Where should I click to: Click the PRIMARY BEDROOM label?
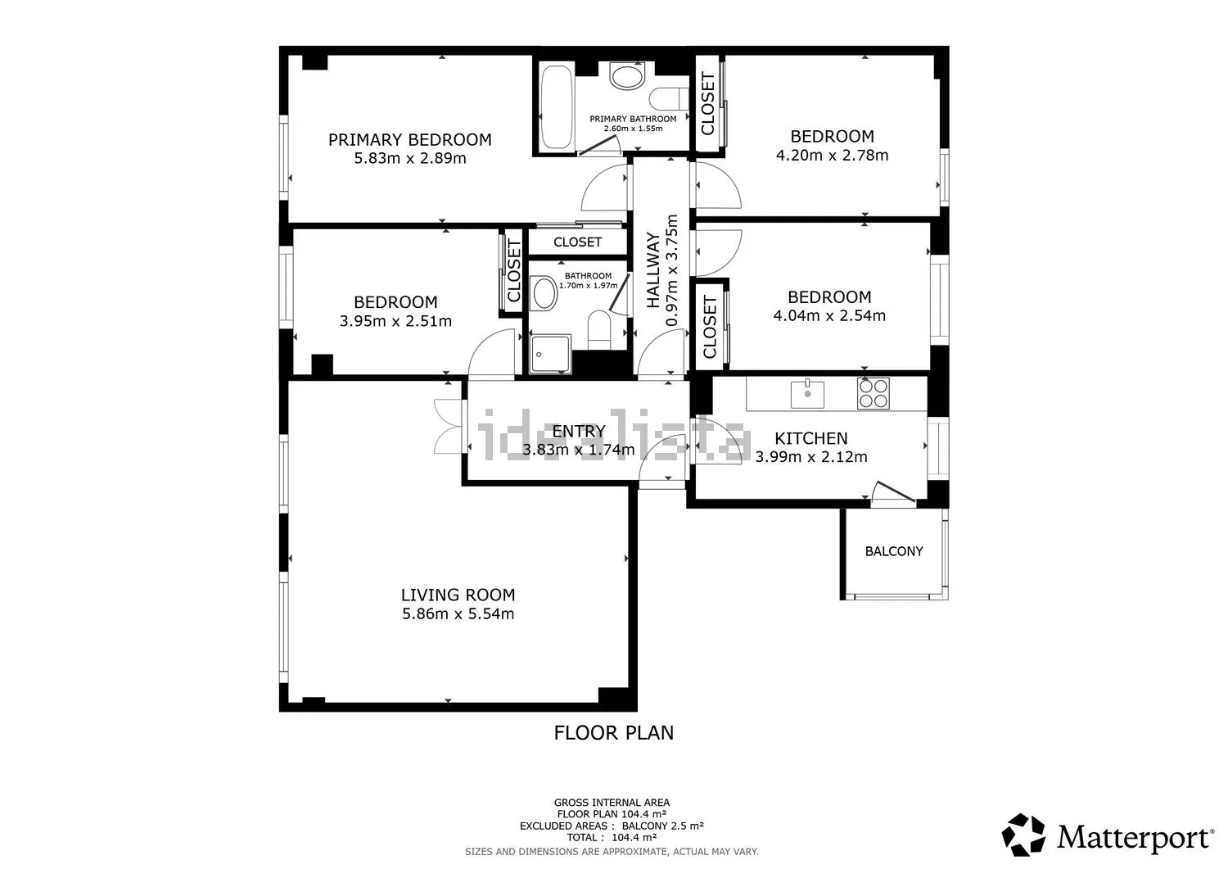click(409, 140)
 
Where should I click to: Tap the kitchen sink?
click(807, 395)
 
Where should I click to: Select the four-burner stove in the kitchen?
click(874, 393)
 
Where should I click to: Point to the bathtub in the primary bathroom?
click(557, 107)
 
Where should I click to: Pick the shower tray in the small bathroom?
click(550, 353)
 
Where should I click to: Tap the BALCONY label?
click(894, 551)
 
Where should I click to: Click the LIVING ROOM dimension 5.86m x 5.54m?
click(458, 613)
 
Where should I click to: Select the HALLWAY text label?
click(652, 270)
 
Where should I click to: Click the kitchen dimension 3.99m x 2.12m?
click(810, 456)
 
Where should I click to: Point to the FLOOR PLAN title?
click(613, 733)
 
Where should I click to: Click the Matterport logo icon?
click(1023, 835)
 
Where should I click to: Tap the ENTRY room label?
click(578, 431)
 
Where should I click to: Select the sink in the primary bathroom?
click(627, 76)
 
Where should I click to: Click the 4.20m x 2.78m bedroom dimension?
click(832, 156)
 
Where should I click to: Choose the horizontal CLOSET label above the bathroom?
click(577, 242)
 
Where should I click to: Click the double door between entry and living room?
click(449, 426)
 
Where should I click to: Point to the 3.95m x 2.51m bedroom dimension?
click(395, 321)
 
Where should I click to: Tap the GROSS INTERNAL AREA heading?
click(612, 803)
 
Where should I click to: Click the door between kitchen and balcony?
click(894, 492)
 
